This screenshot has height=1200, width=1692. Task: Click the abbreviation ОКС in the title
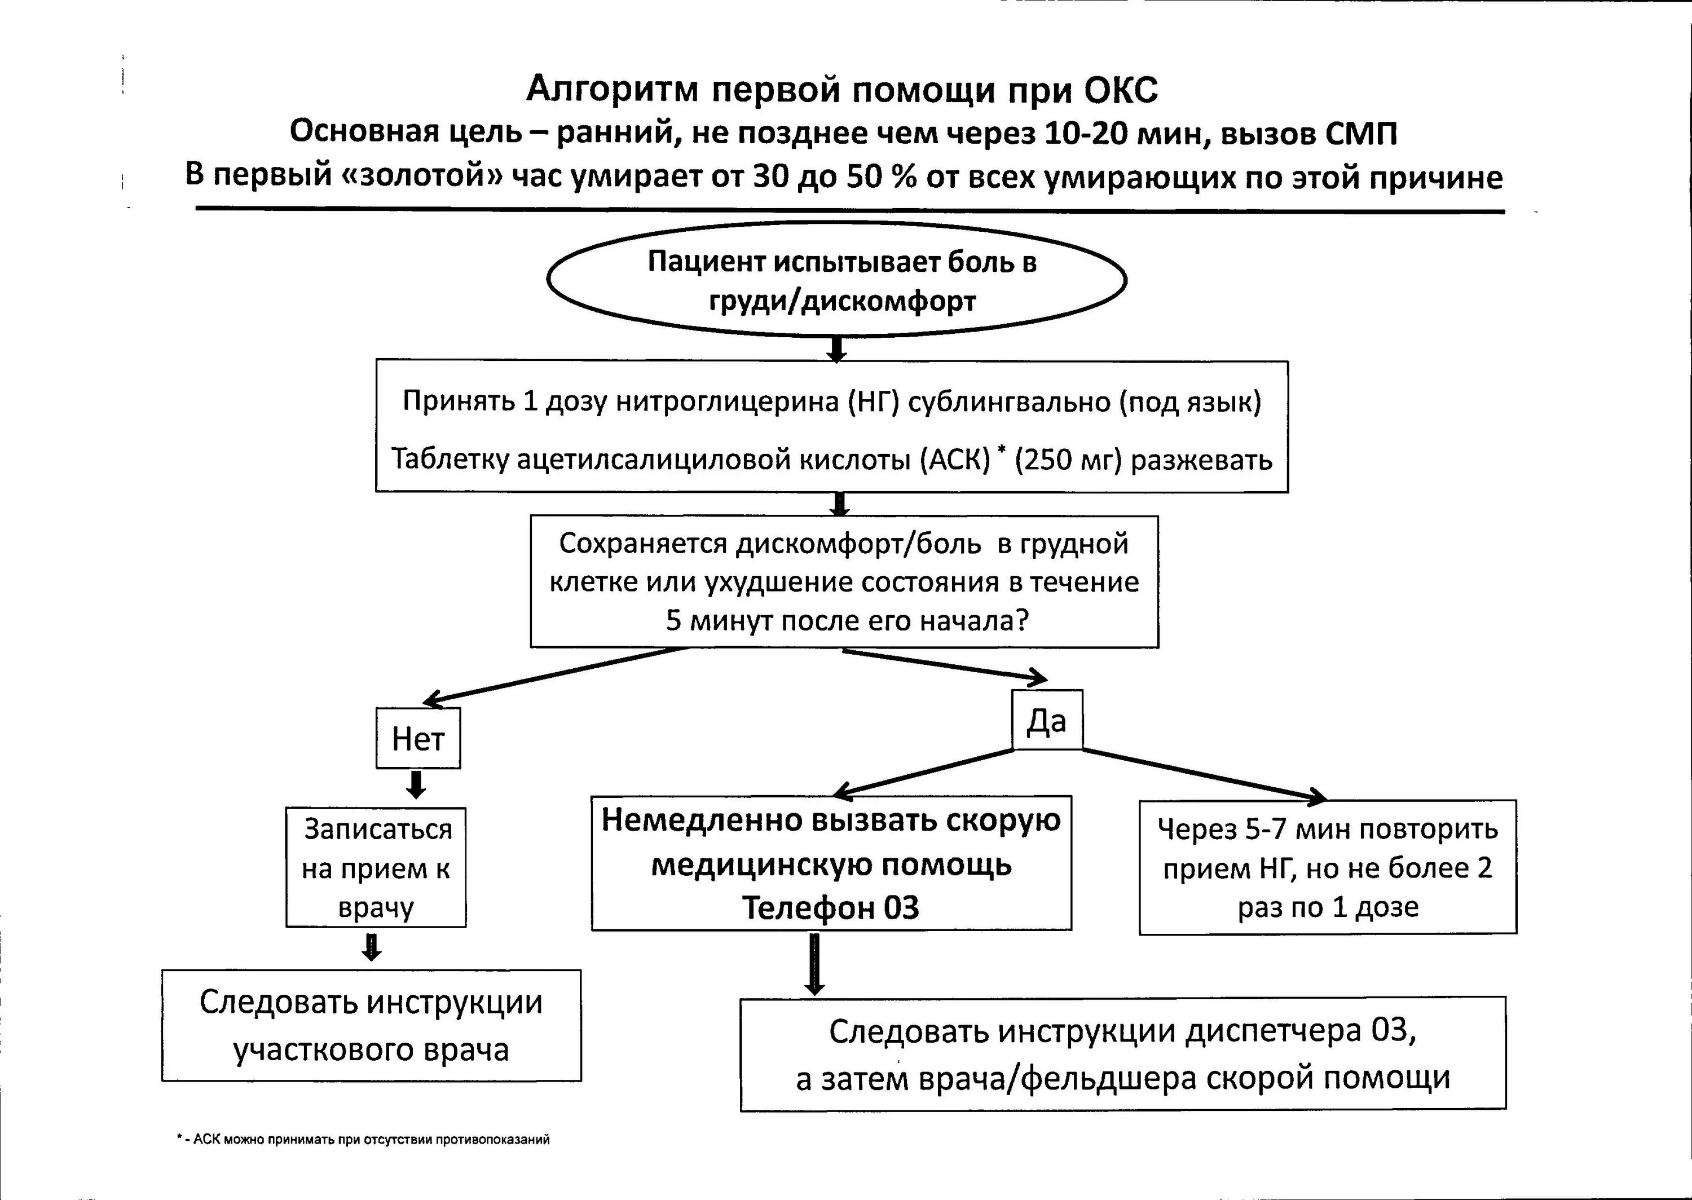(x=1121, y=90)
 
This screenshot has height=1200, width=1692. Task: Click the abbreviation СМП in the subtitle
(x=1359, y=134)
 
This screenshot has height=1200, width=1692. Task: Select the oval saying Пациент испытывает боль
(x=836, y=281)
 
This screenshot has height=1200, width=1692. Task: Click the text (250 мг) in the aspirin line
(x=1068, y=460)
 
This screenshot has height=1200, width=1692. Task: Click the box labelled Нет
(x=418, y=738)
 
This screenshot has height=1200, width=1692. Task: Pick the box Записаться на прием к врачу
(x=376, y=867)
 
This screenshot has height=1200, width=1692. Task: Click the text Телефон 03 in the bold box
(x=830, y=907)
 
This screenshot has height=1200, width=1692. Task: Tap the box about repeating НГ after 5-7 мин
(x=1327, y=867)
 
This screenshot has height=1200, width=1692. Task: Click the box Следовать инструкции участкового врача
(x=372, y=1025)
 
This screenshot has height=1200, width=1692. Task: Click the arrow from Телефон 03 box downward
(x=814, y=964)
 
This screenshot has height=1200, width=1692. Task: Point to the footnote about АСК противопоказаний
(x=364, y=1139)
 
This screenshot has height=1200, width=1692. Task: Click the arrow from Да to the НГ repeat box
(x=1204, y=774)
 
